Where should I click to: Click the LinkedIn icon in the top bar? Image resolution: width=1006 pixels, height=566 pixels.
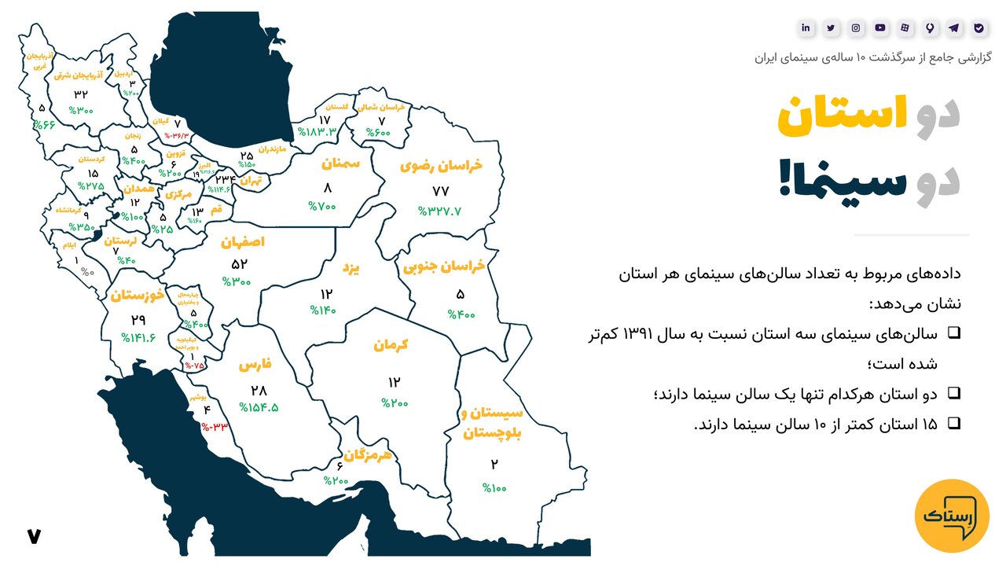(806, 28)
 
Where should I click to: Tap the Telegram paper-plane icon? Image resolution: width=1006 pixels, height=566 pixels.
(954, 28)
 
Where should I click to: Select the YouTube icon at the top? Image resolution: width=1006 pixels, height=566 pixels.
(880, 28)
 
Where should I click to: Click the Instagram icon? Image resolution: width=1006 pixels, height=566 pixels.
(856, 28)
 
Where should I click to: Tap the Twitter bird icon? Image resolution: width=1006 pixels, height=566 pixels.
(831, 28)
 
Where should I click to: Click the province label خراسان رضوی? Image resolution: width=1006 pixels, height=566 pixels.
(441, 167)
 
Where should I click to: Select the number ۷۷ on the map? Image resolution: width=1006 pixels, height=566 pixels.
(440, 191)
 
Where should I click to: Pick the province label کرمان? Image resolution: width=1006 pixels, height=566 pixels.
(391, 345)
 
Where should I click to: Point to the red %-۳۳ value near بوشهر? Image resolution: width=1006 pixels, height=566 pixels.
(215, 427)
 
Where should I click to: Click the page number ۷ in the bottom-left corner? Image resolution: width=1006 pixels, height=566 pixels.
(33, 536)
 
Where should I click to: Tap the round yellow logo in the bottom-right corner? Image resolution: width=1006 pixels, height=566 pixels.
(953, 516)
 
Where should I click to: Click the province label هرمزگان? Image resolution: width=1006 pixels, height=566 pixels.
(367, 454)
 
